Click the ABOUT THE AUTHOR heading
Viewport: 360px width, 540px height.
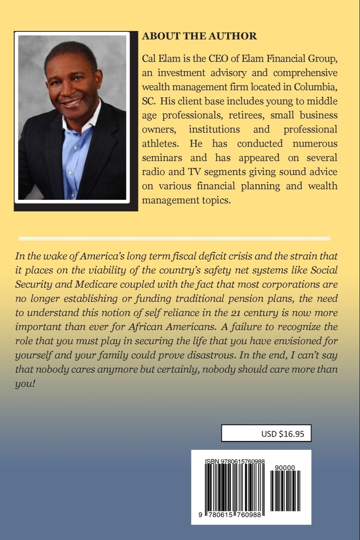click(x=199, y=36)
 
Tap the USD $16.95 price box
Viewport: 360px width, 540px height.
click(x=266, y=434)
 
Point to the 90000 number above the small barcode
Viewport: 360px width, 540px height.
click(x=285, y=468)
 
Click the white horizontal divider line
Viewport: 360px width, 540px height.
click(x=175, y=239)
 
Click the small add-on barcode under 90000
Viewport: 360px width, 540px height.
click(x=285, y=491)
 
